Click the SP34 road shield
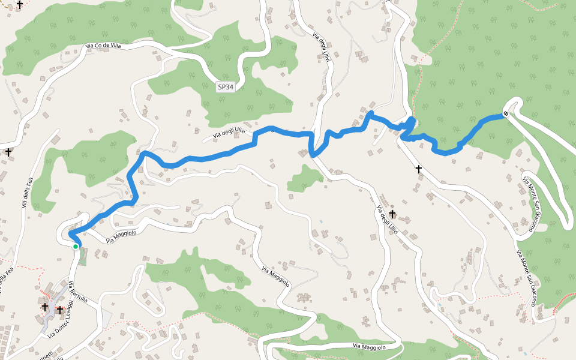click(x=226, y=87)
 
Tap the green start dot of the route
click(x=76, y=246)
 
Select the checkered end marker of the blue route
click(x=506, y=113)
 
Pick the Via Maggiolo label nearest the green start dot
click(x=121, y=236)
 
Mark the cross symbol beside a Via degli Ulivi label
click(x=392, y=214)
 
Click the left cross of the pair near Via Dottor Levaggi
click(x=45, y=307)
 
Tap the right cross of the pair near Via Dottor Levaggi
click(x=60, y=310)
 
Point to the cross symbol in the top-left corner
click(x=20, y=5)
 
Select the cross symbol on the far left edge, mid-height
click(x=8, y=152)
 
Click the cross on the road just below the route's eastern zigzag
click(x=419, y=169)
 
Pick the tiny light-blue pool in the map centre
click(x=321, y=222)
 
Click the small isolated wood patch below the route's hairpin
click(x=305, y=179)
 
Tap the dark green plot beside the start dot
click(x=82, y=256)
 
